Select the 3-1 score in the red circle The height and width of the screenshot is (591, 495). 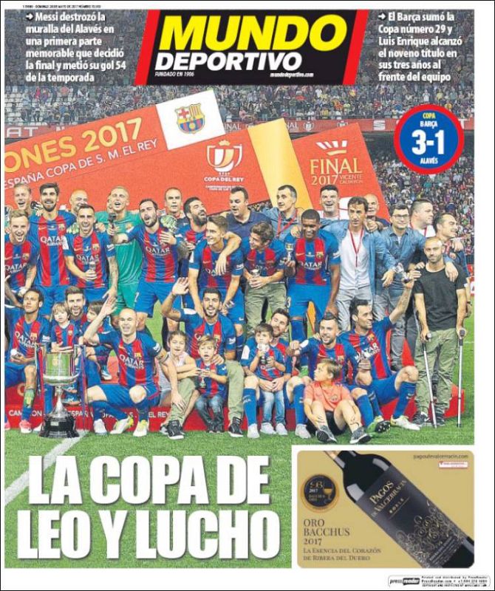pos(429,141)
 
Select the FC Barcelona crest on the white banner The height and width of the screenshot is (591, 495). pos(191,117)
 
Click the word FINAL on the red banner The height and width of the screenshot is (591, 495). pos(336,165)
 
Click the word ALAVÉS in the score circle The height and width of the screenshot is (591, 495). pos(429,156)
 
